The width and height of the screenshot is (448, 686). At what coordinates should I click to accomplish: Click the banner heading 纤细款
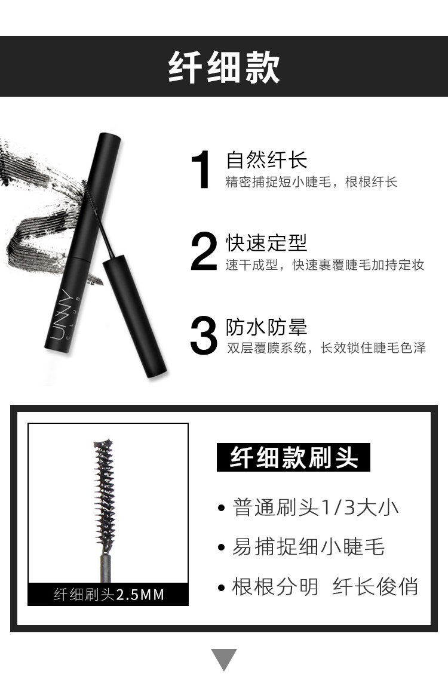click(224, 67)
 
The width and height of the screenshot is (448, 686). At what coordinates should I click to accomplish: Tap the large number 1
click(203, 171)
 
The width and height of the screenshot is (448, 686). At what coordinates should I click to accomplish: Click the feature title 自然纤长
click(266, 160)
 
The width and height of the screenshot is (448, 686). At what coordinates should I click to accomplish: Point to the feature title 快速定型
click(266, 243)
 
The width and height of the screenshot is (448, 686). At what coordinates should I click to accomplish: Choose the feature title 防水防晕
click(266, 327)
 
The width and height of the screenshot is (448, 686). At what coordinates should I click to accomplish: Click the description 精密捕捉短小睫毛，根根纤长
click(311, 182)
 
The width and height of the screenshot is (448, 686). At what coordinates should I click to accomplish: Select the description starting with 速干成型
click(325, 265)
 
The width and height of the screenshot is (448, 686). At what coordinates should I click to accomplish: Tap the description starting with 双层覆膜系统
click(326, 348)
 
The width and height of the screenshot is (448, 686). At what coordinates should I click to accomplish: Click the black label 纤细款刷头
click(293, 458)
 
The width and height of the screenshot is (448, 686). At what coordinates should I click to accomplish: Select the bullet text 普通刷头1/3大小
click(315, 507)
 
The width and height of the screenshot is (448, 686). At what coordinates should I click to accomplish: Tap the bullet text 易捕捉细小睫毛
click(308, 547)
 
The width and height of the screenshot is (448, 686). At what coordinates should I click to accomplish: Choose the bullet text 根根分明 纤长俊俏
click(325, 587)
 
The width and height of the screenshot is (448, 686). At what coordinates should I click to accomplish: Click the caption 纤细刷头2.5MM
click(109, 595)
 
